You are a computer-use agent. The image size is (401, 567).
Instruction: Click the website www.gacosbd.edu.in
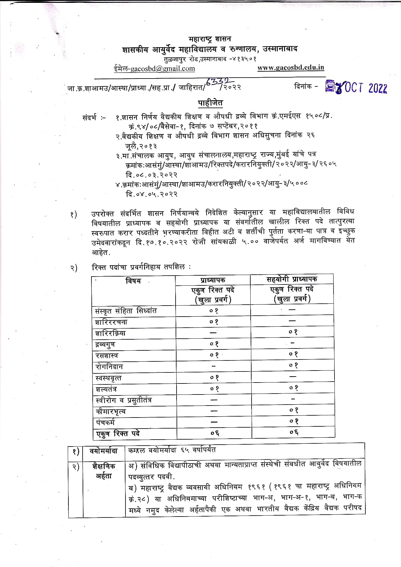291,68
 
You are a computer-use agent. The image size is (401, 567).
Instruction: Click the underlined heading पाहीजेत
210,103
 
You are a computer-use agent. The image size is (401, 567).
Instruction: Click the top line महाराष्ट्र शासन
210,39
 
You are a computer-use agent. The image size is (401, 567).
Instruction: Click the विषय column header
133,281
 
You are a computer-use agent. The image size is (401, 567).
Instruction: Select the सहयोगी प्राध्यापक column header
292,279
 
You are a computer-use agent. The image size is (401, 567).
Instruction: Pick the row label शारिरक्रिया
110,333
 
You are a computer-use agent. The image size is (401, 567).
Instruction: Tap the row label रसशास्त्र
107,356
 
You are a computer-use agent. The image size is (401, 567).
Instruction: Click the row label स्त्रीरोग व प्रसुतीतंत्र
124,400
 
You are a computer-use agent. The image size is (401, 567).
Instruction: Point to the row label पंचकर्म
105,422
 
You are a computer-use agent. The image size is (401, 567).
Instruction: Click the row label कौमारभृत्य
111,411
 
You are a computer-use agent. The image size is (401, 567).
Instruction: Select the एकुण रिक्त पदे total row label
118,434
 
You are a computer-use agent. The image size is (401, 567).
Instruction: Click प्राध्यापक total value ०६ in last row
214,433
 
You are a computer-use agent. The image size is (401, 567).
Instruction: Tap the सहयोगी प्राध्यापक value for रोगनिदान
293,365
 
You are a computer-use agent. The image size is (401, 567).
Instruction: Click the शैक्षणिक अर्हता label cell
104,471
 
